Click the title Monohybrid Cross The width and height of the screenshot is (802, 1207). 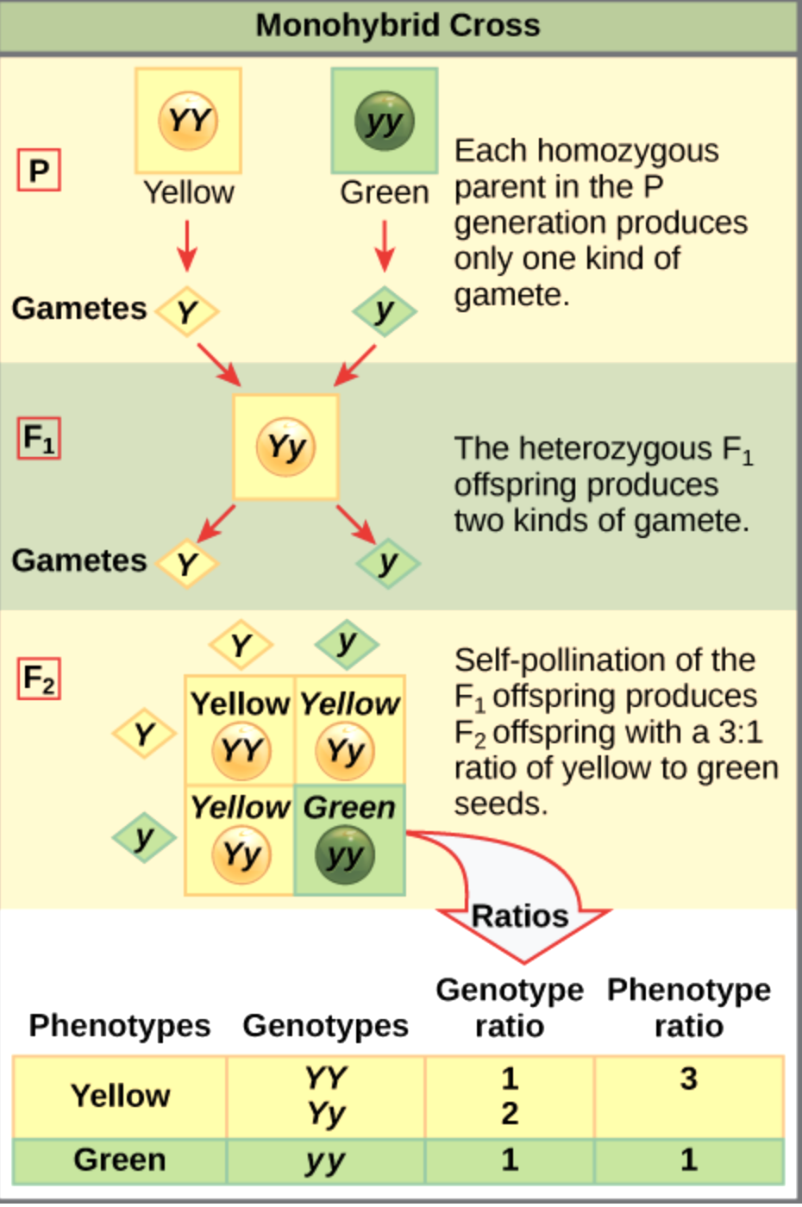[398, 26]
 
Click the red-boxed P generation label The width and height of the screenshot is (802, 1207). [39, 170]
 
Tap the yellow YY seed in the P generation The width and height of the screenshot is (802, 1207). [188, 121]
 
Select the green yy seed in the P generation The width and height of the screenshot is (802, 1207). [384, 121]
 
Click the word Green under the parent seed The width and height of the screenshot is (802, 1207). [384, 192]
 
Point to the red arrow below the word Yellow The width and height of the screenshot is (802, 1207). [187, 246]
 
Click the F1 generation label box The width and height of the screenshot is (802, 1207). [39, 438]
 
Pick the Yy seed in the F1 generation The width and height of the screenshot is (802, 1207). [285, 447]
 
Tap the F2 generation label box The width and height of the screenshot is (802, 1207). [39, 679]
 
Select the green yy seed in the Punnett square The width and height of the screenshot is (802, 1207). [346, 854]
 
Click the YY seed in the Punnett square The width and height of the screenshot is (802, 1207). [241, 750]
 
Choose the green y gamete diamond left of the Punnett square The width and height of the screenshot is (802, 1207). [144, 837]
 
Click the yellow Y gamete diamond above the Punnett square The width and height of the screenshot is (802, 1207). [241, 645]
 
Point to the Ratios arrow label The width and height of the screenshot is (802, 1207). [520, 916]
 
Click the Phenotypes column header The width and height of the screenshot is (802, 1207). [119, 1026]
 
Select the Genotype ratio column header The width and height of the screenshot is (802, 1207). [509, 1007]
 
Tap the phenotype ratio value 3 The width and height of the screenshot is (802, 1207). [688, 1079]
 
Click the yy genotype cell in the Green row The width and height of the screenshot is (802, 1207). [325, 1160]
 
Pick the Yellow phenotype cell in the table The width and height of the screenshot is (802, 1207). [120, 1096]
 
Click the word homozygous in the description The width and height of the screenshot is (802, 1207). [628, 151]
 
